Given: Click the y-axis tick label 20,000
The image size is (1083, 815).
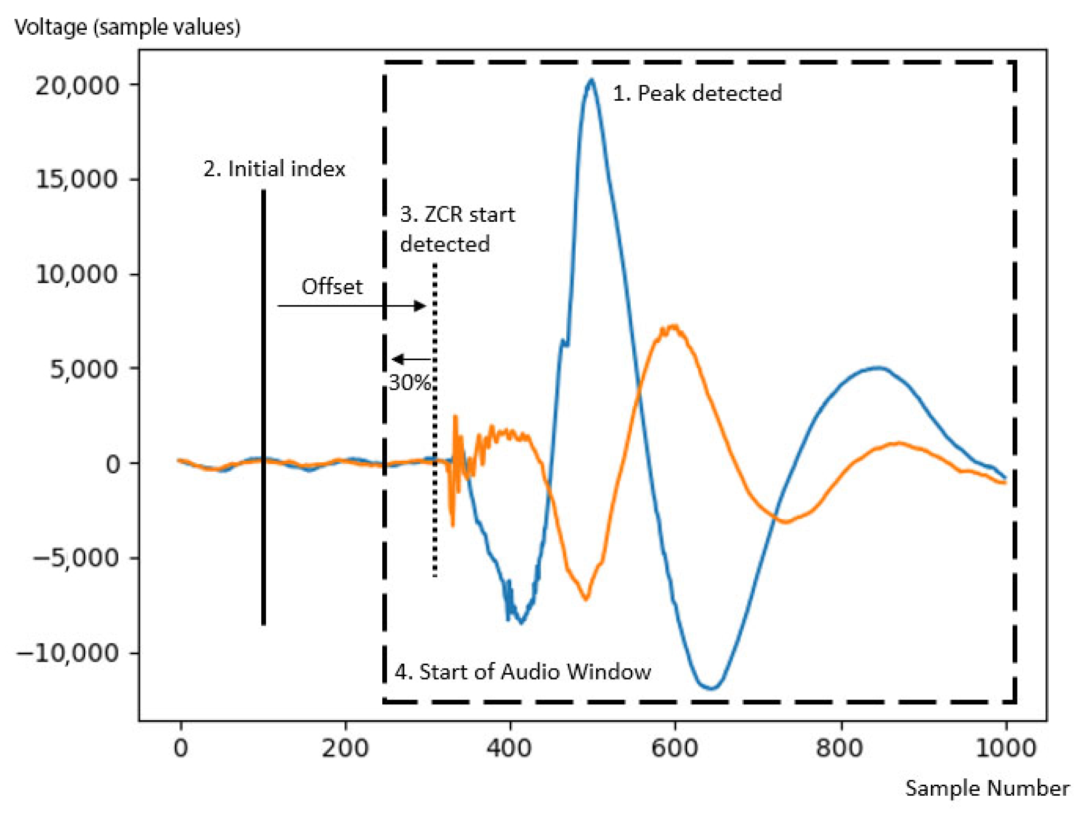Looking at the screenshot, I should pyautogui.click(x=77, y=86).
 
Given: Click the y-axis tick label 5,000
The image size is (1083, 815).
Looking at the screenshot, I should pyautogui.click(x=84, y=370).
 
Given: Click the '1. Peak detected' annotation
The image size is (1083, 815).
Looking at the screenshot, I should pyautogui.click(x=697, y=93).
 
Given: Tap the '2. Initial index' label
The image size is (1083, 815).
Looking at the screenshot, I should pyautogui.click(x=274, y=169).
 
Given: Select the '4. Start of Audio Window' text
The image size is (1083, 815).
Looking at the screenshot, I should pyautogui.click(x=523, y=672).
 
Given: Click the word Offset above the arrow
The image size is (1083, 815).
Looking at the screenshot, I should pyautogui.click(x=332, y=287).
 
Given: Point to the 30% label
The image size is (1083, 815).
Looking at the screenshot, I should pyautogui.click(x=410, y=382).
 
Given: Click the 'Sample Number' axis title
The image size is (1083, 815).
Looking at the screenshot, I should pyautogui.click(x=987, y=789).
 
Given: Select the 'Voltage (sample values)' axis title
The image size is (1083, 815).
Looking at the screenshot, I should pyautogui.click(x=127, y=27).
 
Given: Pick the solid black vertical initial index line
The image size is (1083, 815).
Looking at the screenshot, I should pyautogui.click(x=263, y=407).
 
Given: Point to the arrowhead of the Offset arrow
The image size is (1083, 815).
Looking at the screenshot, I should pyautogui.click(x=421, y=306).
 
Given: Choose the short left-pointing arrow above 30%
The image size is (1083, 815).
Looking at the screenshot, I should pyautogui.click(x=411, y=359).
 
